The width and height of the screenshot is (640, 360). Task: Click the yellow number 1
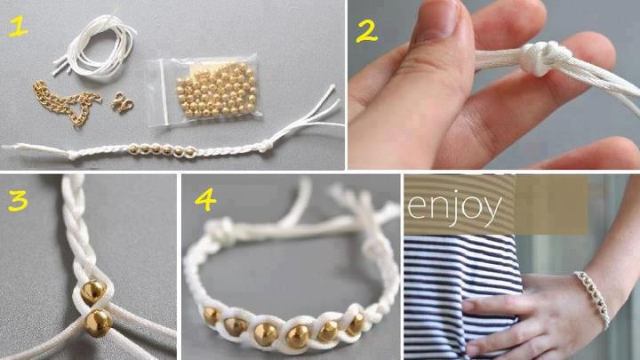18,27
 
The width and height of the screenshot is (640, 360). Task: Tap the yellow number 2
366,31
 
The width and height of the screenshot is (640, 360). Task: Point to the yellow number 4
205,200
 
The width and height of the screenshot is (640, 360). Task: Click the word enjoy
454,207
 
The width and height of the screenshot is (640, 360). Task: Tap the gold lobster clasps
122,102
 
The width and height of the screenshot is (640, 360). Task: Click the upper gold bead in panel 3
92,292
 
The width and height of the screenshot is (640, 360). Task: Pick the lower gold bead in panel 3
98,323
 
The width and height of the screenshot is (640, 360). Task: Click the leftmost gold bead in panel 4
211,316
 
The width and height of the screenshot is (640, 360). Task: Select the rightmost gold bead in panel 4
356,324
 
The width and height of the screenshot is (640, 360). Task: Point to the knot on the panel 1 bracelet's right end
266,145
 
